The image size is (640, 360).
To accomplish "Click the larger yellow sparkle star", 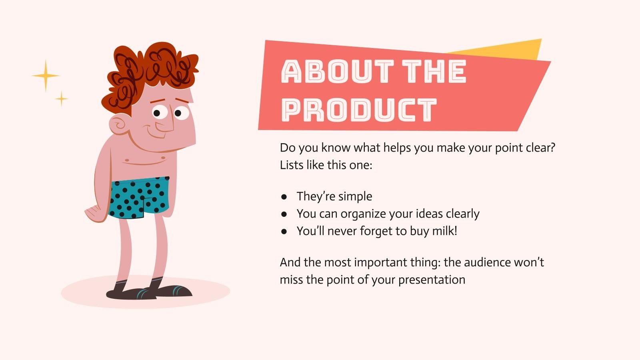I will point(46,75).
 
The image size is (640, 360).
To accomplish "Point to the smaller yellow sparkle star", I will point(61,98).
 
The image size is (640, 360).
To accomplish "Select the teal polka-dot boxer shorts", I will point(138,198).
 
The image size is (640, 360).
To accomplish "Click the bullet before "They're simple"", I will point(284,197).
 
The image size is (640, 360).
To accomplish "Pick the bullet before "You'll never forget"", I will point(284,231).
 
